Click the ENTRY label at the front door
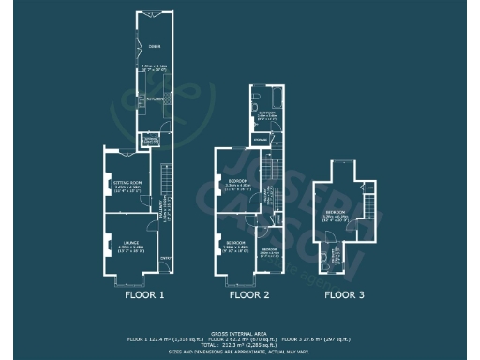coord(165,259)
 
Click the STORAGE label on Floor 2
coord(260,139)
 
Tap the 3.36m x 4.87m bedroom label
coord(237,183)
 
